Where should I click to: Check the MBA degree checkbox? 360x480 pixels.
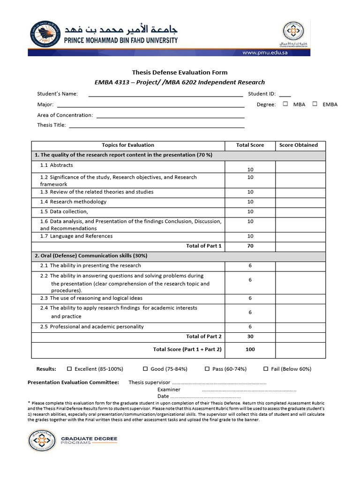click(285, 104)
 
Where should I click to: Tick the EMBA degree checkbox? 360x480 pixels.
click(315, 104)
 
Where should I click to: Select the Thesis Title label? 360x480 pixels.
click(52, 125)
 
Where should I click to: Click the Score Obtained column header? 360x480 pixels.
click(298, 145)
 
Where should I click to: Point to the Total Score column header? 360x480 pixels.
click(250, 145)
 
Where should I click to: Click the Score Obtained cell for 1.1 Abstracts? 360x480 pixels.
click(300, 167)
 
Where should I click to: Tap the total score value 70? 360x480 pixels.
click(250, 246)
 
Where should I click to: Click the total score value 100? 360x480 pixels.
click(250, 349)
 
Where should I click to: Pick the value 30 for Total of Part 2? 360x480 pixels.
click(250, 336)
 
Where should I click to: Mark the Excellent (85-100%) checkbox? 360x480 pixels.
click(69, 369)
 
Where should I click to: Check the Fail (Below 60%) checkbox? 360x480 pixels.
click(266, 369)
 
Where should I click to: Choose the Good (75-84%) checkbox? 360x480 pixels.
click(145, 369)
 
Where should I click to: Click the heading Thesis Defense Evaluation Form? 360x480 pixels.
click(180, 72)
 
